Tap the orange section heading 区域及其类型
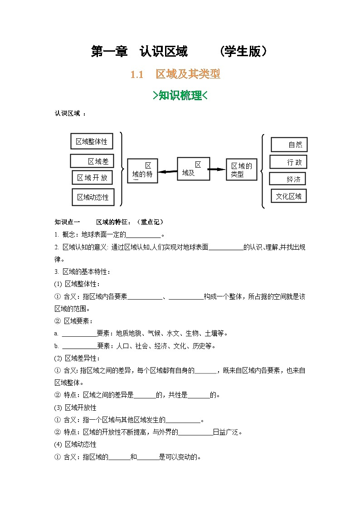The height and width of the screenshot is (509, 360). point(188,74)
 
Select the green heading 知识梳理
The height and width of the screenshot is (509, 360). point(180,95)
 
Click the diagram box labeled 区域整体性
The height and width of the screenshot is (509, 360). point(92,141)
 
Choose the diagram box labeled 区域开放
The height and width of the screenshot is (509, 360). point(92,178)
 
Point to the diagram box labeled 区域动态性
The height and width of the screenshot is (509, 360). point(93,197)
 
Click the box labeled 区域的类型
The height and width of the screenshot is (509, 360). point(241,170)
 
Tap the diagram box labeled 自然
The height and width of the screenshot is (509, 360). point(289,145)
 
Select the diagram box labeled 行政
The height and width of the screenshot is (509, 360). point(288,162)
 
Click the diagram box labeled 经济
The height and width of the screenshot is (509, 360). point(287,179)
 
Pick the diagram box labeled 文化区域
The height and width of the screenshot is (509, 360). point(288,196)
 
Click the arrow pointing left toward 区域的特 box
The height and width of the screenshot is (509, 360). point(167,171)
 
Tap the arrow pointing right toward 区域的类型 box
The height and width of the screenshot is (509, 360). point(217,169)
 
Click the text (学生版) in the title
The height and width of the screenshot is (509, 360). point(243,52)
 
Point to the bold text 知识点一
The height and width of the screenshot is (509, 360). point(67,222)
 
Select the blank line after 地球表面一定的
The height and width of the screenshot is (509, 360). point(143,235)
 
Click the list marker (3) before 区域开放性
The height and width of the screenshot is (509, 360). point(58,407)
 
